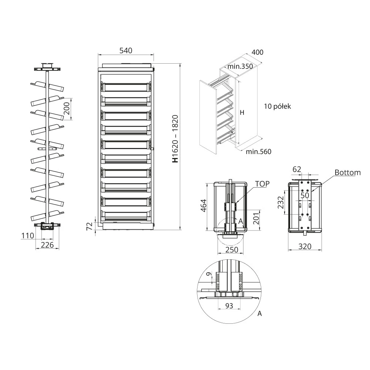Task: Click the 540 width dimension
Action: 126,50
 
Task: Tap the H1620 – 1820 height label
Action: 175,139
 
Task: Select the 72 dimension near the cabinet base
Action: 90,226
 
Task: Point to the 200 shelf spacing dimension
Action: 67,108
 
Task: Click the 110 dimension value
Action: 28,235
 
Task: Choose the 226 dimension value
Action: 47,245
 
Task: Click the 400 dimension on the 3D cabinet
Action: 257,52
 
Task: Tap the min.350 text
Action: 240,66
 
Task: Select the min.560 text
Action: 259,151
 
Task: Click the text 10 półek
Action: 277,107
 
